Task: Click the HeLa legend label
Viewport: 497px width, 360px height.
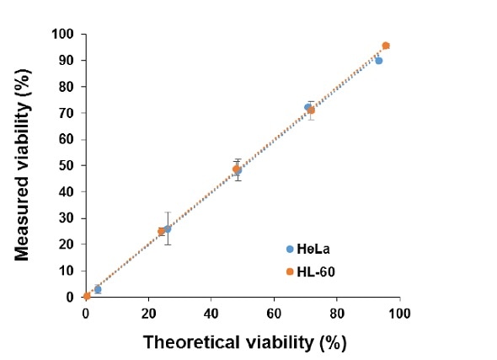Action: pos(314,249)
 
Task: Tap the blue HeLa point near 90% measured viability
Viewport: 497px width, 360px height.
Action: pos(378,61)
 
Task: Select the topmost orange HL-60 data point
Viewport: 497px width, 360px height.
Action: pos(386,46)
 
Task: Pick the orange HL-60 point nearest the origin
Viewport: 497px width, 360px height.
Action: pos(87,296)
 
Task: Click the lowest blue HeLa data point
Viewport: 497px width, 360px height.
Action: pos(98,289)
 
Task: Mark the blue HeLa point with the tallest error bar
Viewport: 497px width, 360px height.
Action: pos(168,228)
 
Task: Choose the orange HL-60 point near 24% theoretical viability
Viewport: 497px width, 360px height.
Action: pos(161,231)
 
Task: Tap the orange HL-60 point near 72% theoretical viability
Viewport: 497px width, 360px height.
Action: pos(311,110)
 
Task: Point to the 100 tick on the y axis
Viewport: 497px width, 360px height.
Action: pos(67,34)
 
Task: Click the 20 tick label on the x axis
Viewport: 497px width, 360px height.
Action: pos(148,313)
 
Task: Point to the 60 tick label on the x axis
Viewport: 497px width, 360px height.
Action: pos(274,313)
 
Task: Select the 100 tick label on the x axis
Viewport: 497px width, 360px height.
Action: pos(399,313)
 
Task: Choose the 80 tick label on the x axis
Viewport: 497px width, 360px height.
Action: pos(337,313)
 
